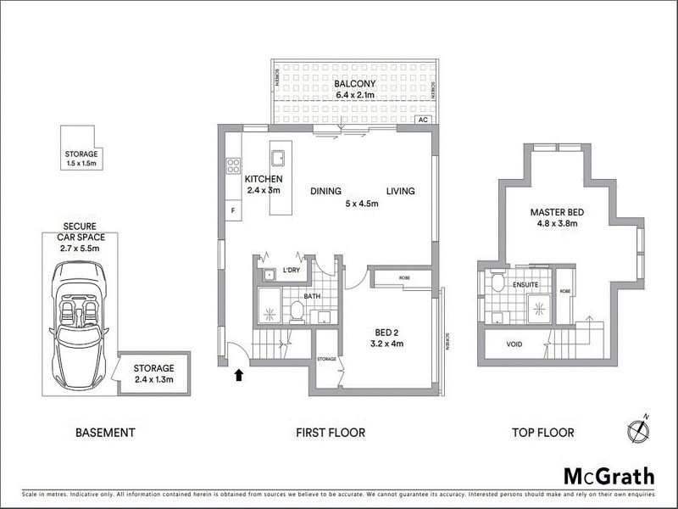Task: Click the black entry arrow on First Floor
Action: point(239,373)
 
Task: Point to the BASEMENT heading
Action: point(105,433)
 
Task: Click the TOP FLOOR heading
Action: point(542,433)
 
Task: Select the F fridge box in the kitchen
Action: point(231,209)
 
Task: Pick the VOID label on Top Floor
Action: point(514,345)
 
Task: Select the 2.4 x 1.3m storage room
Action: point(153,373)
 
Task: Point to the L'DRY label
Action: point(292,270)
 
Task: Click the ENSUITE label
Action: point(525,286)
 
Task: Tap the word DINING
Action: point(325,191)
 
